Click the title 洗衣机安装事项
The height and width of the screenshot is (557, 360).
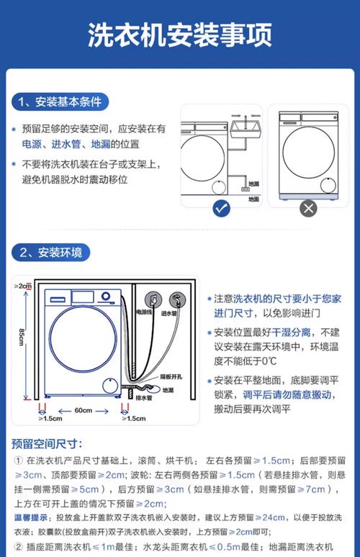(179, 35)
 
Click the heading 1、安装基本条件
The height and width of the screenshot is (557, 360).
(60, 101)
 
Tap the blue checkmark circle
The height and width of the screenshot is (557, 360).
(222, 209)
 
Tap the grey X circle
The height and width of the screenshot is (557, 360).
(308, 209)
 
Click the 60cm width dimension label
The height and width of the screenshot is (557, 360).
(83, 410)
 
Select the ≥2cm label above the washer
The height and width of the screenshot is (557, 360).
(24, 286)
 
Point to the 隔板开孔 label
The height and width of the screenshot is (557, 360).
(169, 376)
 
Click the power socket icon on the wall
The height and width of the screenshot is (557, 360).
(153, 296)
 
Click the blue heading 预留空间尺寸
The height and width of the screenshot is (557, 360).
(47, 443)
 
